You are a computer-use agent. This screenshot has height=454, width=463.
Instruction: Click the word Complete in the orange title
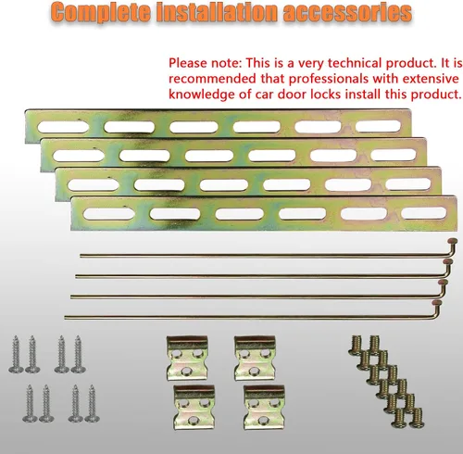pyautogui.click(x=102, y=13)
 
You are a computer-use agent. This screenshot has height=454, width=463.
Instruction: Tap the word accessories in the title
pyautogui.click(x=347, y=12)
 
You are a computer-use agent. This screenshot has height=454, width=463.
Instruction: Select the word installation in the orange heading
pyautogui.click(x=218, y=12)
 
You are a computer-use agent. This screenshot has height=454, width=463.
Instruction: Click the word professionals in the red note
pyautogui.click(x=329, y=79)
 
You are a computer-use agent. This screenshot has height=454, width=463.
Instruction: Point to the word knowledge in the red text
pyautogui.click(x=202, y=94)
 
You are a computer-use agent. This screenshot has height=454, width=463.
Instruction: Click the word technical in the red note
pyautogui.click(x=355, y=63)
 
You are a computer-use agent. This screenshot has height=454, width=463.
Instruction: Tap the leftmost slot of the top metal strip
pyautogui.click(x=63, y=127)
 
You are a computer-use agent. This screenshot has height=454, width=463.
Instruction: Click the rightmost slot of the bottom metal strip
pyautogui.click(x=425, y=213)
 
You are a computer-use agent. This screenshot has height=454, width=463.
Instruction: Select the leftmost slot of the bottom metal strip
pyautogui.click(x=109, y=214)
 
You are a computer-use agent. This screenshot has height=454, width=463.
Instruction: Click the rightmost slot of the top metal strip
pyautogui.click(x=379, y=126)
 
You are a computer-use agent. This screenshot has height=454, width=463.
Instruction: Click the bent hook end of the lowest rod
pyautogui.click(x=437, y=309)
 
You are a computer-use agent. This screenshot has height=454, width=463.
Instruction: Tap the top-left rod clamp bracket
pyautogui.click(x=187, y=358)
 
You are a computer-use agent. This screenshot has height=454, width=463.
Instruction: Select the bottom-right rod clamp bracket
pyautogui.click(x=264, y=407)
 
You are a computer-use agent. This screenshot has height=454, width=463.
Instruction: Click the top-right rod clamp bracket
pyautogui.click(x=255, y=359)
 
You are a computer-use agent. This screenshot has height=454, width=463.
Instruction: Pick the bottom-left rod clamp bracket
pyautogui.click(x=194, y=407)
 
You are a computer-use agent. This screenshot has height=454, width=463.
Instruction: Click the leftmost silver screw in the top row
pyautogui.click(x=16, y=355)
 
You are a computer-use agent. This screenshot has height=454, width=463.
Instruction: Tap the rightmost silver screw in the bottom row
pyautogui.click(x=92, y=403)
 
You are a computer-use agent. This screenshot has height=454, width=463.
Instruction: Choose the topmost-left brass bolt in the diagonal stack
pyautogui.click(x=356, y=345)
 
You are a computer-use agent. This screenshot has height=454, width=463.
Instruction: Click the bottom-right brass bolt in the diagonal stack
pyautogui.click(x=417, y=418)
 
